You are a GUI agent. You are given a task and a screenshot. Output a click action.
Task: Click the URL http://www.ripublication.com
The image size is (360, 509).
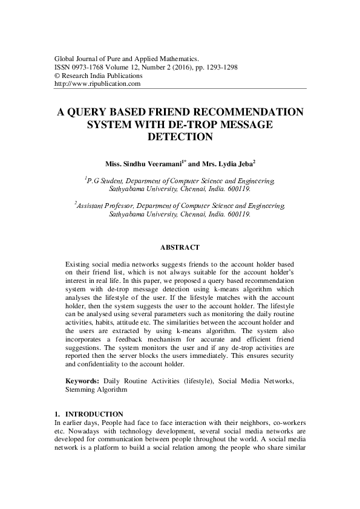pos(97,84)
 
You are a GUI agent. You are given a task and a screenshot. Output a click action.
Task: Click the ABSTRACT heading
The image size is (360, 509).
pos(180,247)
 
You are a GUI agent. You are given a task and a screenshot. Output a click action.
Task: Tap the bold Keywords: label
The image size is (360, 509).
pos(82,381)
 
